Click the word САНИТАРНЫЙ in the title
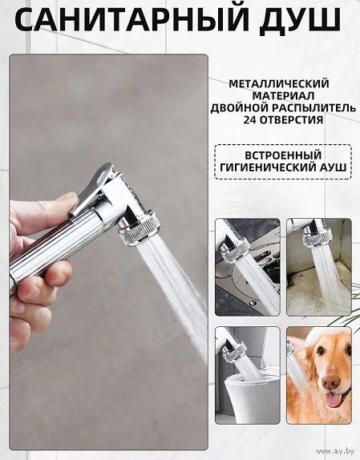tap(131, 20)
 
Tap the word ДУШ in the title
tap(300, 21)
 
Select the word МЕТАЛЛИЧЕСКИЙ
tap(279, 83)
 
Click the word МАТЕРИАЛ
tap(283, 95)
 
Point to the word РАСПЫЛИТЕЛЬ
tap(313, 108)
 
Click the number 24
tap(250, 119)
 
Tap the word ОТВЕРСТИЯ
tap(291, 119)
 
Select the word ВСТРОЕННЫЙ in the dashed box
tap(283, 155)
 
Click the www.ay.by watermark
tap(335, 450)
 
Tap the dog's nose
tap(331, 382)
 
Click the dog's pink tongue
tap(334, 400)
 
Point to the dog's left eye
tap(321, 350)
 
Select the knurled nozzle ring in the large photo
tap(139, 229)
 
